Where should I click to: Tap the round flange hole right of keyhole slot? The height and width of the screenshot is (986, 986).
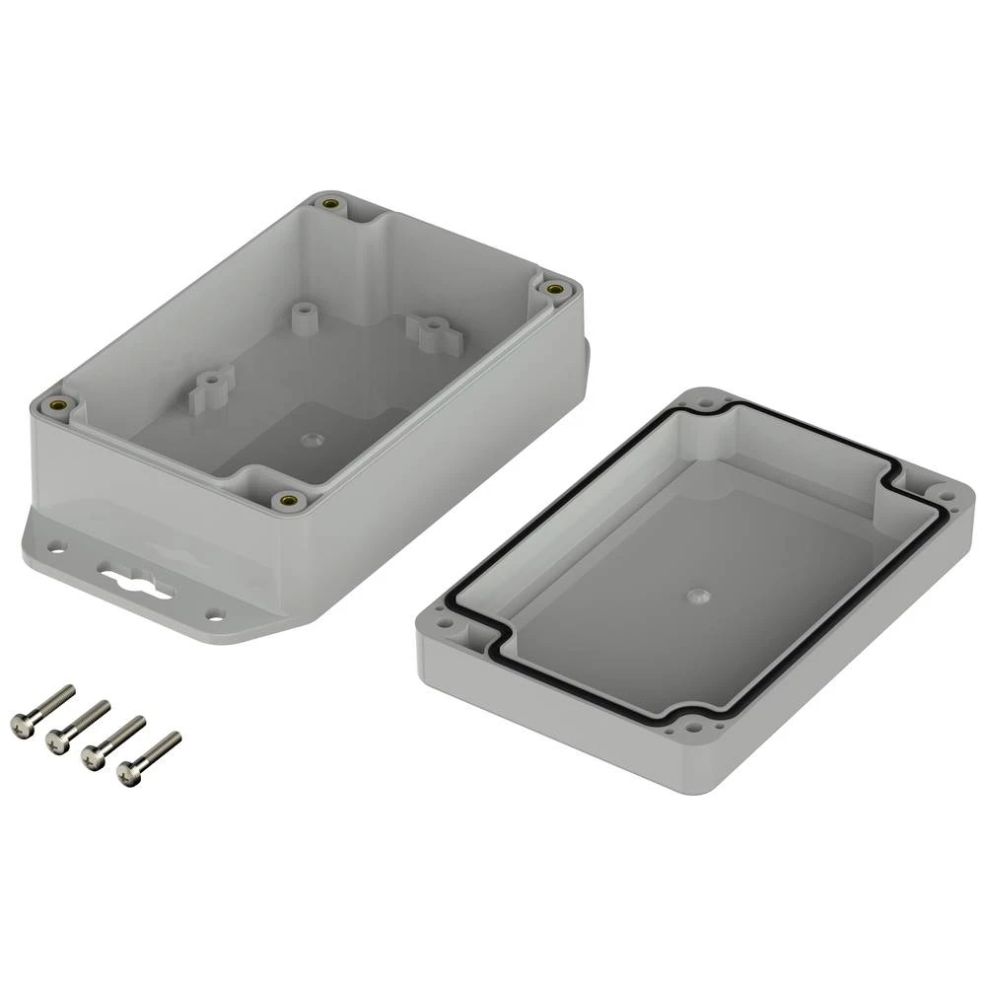pyautogui.click(x=214, y=613)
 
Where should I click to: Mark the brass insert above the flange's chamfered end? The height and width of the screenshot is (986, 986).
pyautogui.click(x=288, y=500)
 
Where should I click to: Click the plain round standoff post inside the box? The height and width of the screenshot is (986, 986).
pyautogui.click(x=304, y=316)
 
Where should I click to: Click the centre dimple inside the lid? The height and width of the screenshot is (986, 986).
pyautogui.click(x=696, y=597)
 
